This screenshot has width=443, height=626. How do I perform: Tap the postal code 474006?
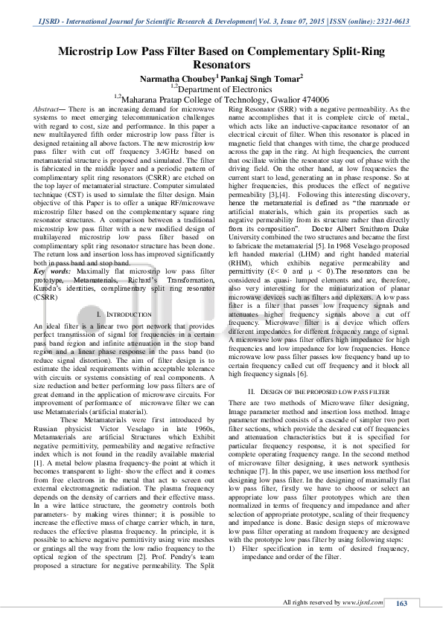[313, 98]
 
